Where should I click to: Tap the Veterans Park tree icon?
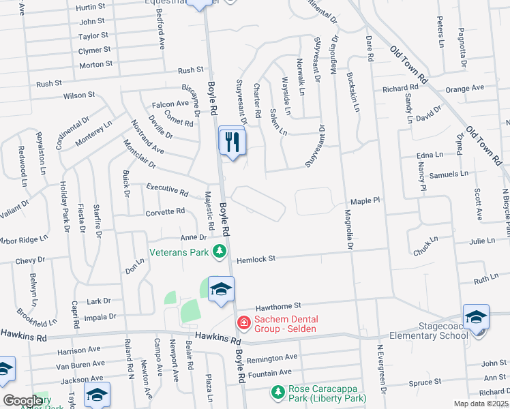click(x=220, y=252)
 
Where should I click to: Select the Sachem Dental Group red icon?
click(x=241, y=322)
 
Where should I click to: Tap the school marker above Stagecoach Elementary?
click(x=476, y=318)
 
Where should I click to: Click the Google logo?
click(x=22, y=401)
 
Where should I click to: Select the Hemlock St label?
click(x=256, y=259)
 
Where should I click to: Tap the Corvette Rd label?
click(x=165, y=211)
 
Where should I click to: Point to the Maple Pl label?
click(x=365, y=202)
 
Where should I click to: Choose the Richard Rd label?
click(x=400, y=89)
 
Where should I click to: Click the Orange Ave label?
click(x=464, y=88)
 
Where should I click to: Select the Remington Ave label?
click(x=272, y=357)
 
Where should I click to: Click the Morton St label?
click(x=96, y=64)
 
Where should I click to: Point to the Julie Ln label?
click(x=481, y=241)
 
